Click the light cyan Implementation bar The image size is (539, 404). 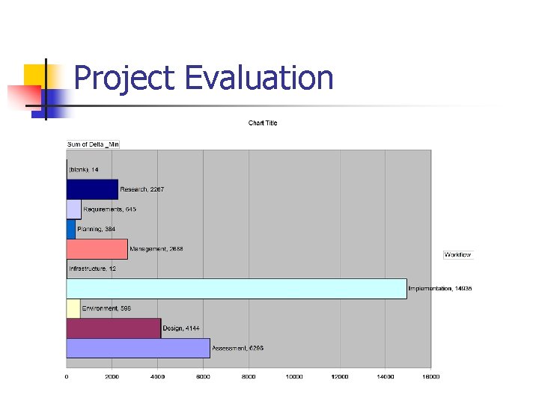(x=236, y=289)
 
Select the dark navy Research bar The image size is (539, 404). (x=92, y=189)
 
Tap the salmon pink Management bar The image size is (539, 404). (x=97, y=249)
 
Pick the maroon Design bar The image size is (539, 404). (x=113, y=328)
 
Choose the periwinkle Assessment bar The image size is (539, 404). (x=138, y=348)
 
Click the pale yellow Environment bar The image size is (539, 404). (x=73, y=308)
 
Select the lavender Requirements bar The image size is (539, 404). (x=73, y=209)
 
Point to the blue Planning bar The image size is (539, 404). (x=70, y=229)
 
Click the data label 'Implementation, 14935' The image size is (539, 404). (x=439, y=289)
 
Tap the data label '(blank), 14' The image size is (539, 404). (x=84, y=170)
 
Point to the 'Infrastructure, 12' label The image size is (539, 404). (x=93, y=269)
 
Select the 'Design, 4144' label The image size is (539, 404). (x=181, y=328)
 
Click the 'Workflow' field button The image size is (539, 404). (x=457, y=255)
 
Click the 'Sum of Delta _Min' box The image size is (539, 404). (x=94, y=144)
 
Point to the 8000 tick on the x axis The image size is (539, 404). (x=249, y=376)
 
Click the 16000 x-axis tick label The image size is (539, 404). (x=430, y=376)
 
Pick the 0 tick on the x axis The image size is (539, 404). (x=67, y=376)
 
